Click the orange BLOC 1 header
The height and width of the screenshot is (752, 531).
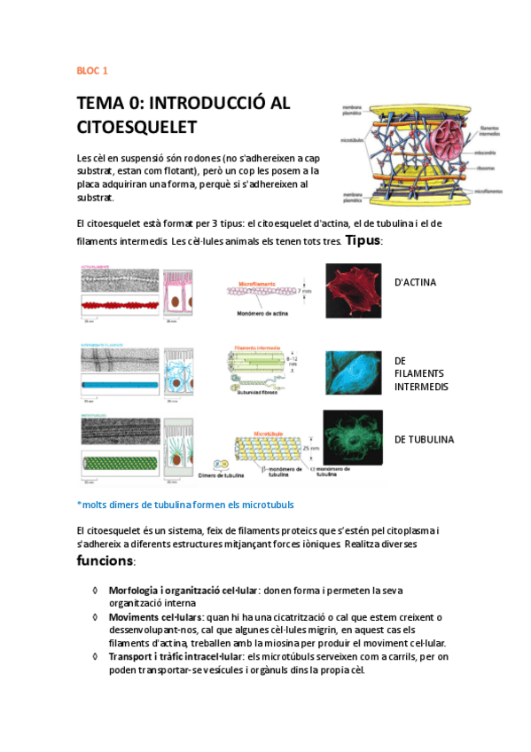pyautogui.click(x=92, y=70)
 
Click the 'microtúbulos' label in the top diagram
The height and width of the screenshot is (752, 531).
pyautogui.click(x=352, y=139)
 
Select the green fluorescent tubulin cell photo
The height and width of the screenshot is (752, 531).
pyautogui.click(x=353, y=440)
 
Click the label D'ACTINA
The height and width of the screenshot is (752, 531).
pyautogui.click(x=415, y=283)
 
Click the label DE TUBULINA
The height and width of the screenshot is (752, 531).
pyautogui.click(x=424, y=439)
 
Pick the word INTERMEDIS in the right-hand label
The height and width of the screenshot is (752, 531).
pyautogui.click(x=421, y=387)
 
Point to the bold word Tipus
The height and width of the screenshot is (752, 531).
pyautogui.click(x=363, y=240)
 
